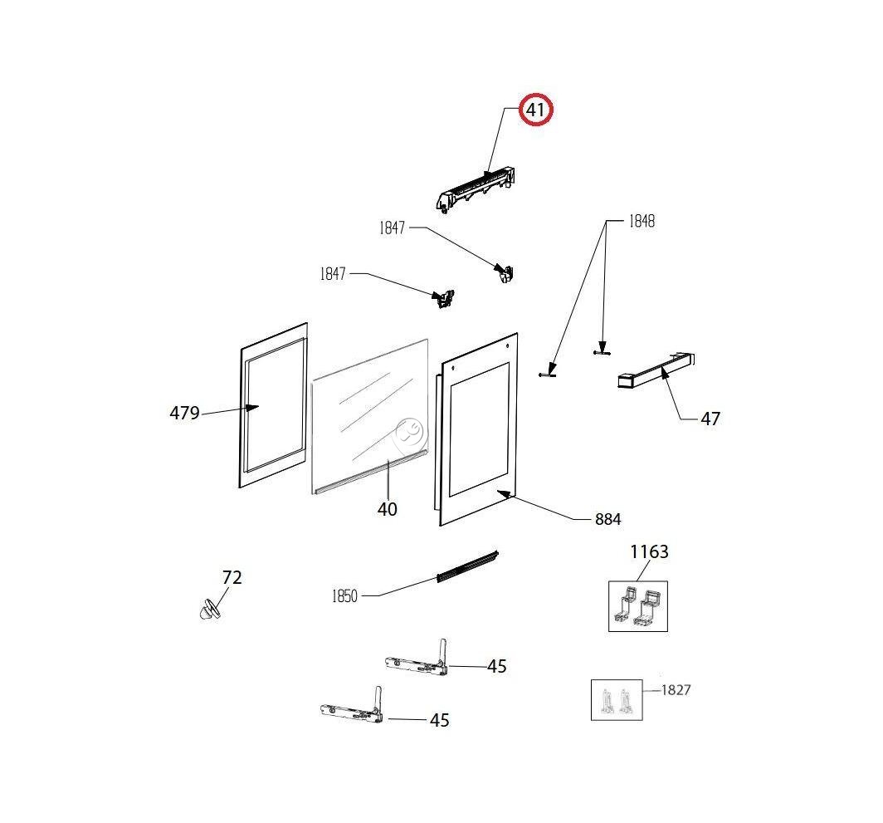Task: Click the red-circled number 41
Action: (536, 110)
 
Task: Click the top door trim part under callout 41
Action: (479, 189)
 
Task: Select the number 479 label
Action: (184, 413)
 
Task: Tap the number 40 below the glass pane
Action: (387, 509)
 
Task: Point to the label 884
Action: (607, 520)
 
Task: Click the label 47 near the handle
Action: (710, 419)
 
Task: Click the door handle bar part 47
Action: (656, 371)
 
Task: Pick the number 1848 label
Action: (640, 221)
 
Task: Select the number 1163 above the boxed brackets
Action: (649, 551)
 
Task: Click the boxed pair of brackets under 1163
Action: (637, 606)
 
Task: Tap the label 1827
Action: (676, 690)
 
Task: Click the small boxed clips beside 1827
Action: (617, 700)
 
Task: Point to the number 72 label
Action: (232, 577)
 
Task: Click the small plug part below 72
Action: (209, 610)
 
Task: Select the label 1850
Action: (344, 595)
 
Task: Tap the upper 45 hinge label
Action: (496, 666)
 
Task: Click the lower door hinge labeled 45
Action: (352, 711)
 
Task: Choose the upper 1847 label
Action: (392, 228)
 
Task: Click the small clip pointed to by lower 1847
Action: (446, 298)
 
